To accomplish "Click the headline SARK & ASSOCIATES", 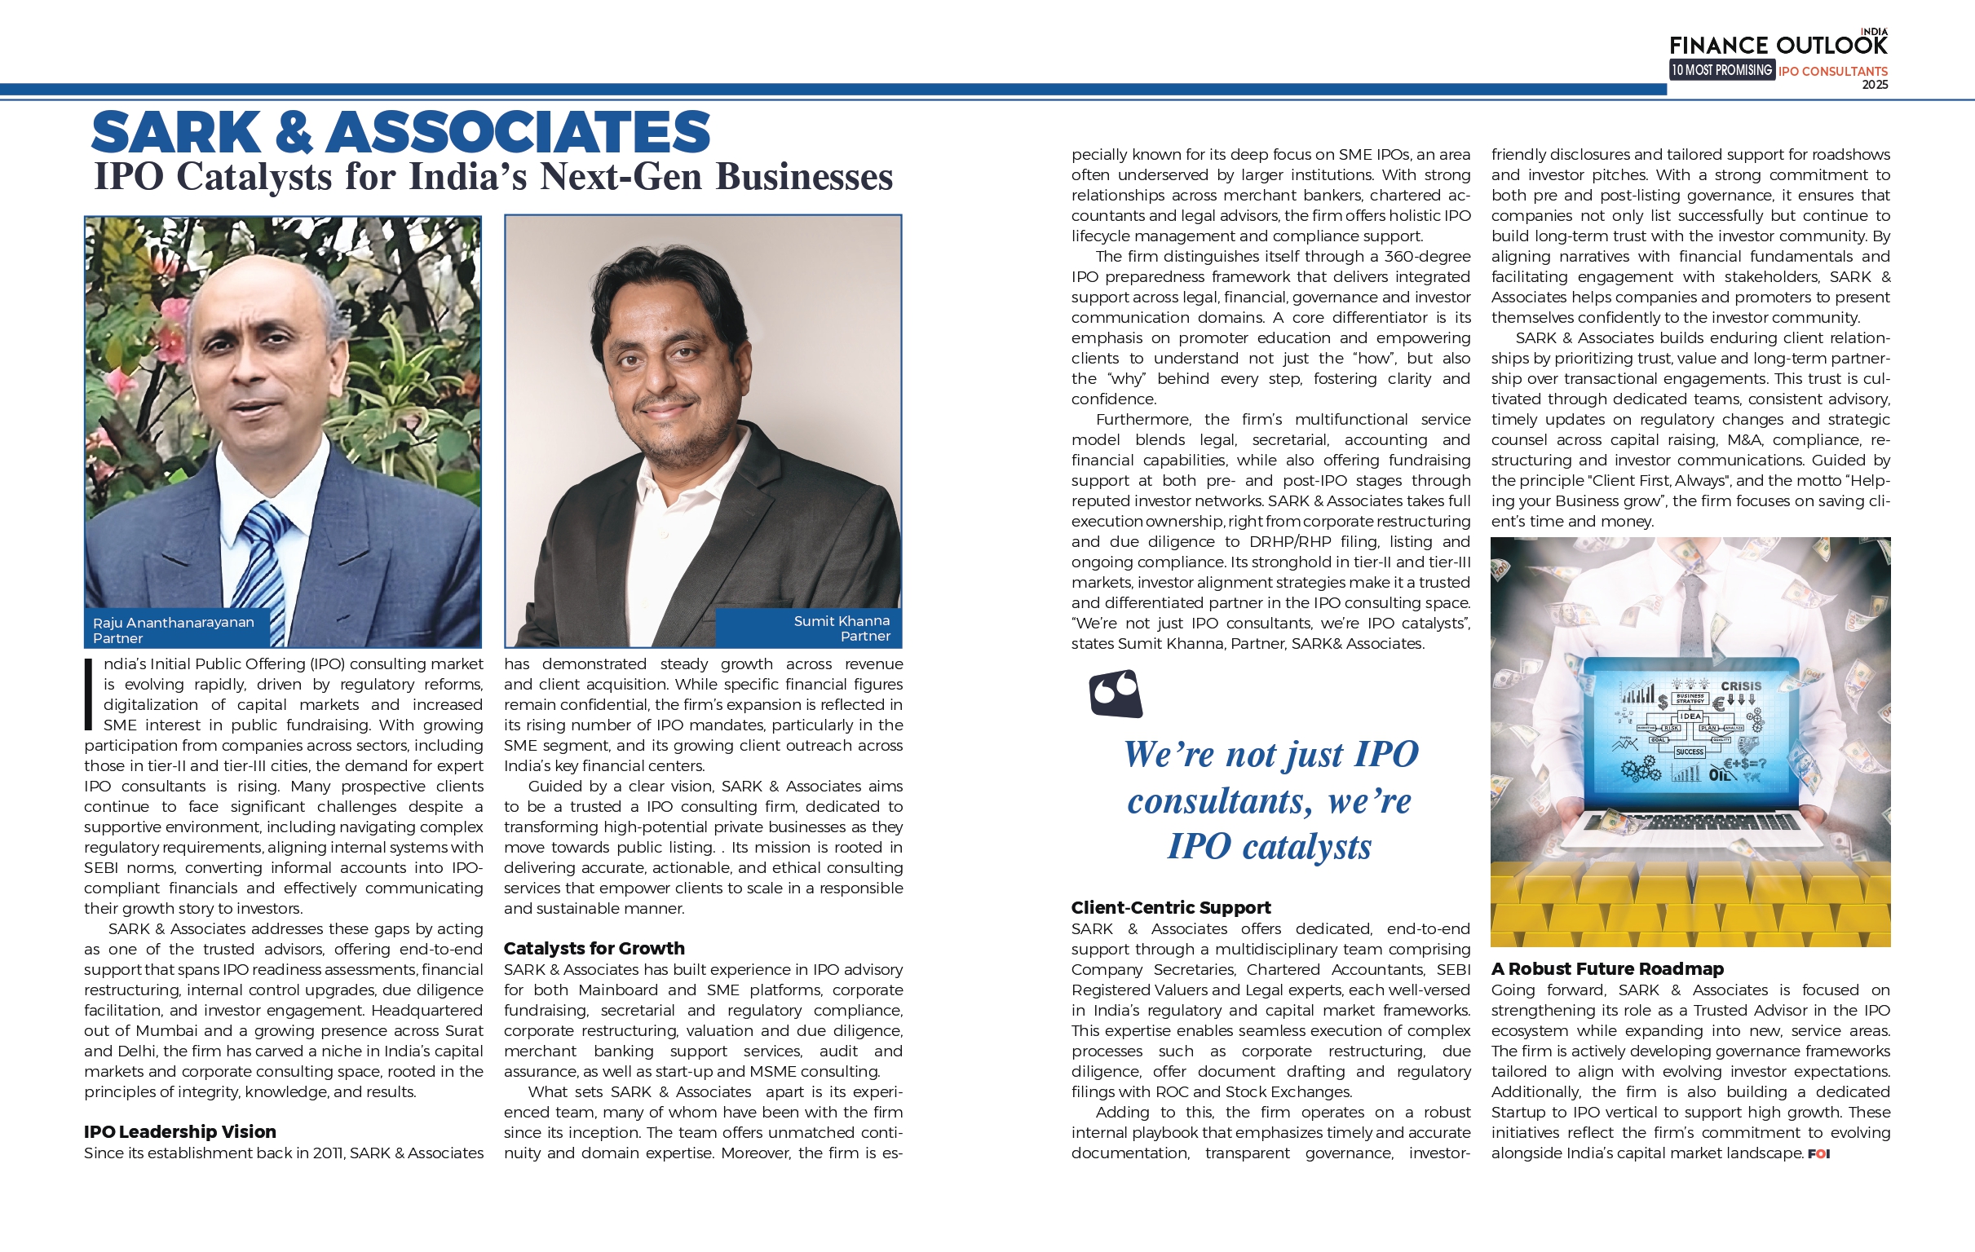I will click(400, 133).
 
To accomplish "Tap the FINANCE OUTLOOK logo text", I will click(1778, 45).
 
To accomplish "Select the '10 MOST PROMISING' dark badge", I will click(1721, 71).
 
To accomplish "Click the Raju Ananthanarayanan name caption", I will click(173, 622).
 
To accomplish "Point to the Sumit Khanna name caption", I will click(842, 621).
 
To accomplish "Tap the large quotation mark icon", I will click(1116, 694).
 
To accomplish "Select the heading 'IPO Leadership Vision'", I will click(179, 1131).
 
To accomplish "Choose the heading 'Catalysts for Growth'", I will click(594, 948).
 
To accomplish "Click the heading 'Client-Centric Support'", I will click(1170, 908).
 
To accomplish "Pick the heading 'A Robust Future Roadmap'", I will click(1606, 968).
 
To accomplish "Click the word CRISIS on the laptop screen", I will click(1740, 686).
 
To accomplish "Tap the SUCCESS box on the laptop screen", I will click(1690, 752).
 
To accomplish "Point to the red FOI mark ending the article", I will click(1818, 1153).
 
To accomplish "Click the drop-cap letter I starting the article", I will click(89, 694).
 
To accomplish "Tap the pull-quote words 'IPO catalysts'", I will click(1269, 846).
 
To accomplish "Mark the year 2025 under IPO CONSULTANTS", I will click(1875, 85).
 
